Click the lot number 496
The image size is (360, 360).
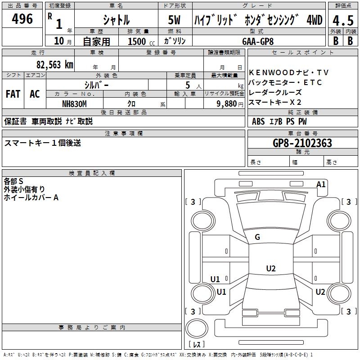pos(22,19)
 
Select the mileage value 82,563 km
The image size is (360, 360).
pos(54,64)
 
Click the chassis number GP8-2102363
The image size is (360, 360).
pos(302,143)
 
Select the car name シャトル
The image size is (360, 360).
pos(116,20)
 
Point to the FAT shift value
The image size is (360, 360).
pos(13,94)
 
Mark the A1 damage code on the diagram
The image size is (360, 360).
pos(321,184)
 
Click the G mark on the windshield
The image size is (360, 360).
pos(257,237)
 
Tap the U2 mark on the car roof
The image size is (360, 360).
pos(270,269)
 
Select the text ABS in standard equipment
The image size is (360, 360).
pos(258,121)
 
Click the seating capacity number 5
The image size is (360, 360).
pos(188,85)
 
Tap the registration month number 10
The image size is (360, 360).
pos(58,41)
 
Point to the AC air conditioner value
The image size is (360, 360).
pos(35,94)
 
